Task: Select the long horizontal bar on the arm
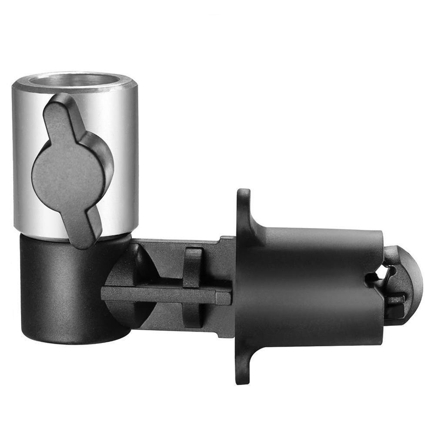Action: point(165,294)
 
